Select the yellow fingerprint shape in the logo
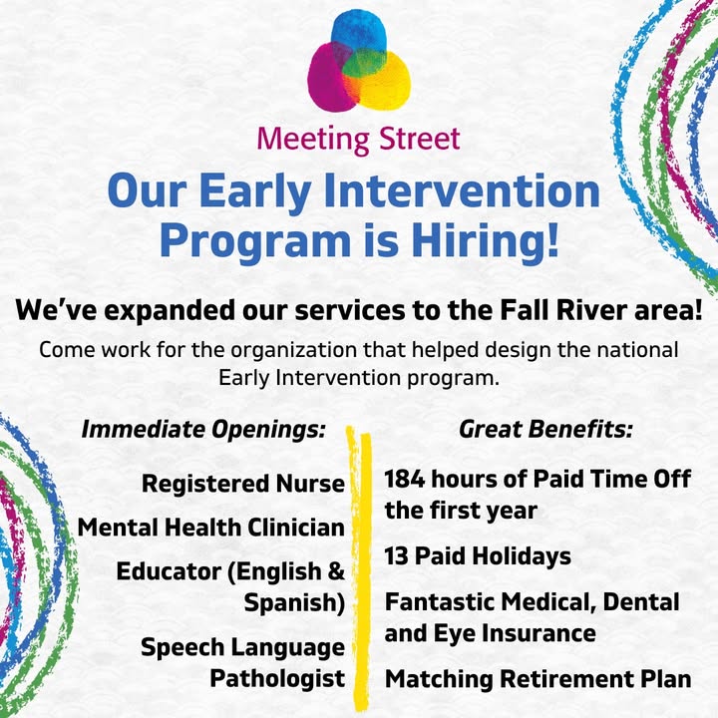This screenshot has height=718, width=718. (x=385, y=83)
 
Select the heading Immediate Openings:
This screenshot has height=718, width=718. (x=203, y=430)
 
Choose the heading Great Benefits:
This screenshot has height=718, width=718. (x=545, y=429)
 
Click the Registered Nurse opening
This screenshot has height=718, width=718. (x=243, y=483)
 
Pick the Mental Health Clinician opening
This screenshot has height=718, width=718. (x=211, y=528)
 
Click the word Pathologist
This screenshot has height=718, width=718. (x=277, y=678)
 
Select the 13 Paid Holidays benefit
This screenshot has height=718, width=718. (x=478, y=556)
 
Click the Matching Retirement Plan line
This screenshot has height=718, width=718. (x=538, y=679)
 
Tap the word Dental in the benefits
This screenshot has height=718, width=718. (x=641, y=601)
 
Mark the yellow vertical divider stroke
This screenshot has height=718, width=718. (x=359, y=567)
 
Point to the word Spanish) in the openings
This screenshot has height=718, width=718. (x=294, y=603)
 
